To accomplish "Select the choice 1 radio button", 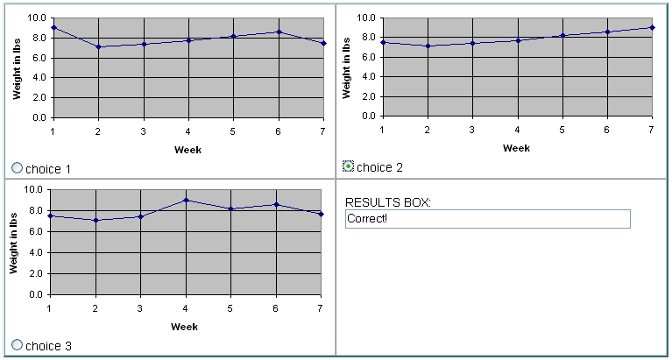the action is pyautogui.click(x=17, y=167).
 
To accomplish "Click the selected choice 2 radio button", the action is pyautogui.click(x=349, y=166).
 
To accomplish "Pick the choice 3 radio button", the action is pyautogui.click(x=17, y=344).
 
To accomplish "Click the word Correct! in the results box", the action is pyautogui.click(x=367, y=219).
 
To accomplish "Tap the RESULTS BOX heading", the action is pyautogui.click(x=388, y=202).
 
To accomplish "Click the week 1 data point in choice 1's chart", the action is pyautogui.click(x=53, y=27).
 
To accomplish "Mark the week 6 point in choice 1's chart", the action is pyautogui.click(x=279, y=32).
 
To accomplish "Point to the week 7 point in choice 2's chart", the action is pyautogui.click(x=652, y=27).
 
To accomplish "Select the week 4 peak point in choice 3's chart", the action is pyautogui.click(x=186, y=200).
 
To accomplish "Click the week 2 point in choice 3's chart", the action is pyautogui.click(x=96, y=220).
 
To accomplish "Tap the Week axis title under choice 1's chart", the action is pyautogui.click(x=187, y=150).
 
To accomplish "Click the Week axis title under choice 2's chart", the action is pyautogui.click(x=516, y=148).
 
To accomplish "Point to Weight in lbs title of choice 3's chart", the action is pyautogui.click(x=13, y=243).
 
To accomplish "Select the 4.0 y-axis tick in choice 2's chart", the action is pyautogui.click(x=367, y=77).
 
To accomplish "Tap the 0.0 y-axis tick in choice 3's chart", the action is pyautogui.click(x=35, y=295).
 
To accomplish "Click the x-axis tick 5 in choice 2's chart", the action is pyautogui.click(x=562, y=129).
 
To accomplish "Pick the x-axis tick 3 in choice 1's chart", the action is pyautogui.click(x=143, y=131).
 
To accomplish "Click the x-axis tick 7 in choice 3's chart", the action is pyautogui.click(x=320, y=308).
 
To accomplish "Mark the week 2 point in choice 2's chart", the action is pyautogui.click(x=428, y=46).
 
